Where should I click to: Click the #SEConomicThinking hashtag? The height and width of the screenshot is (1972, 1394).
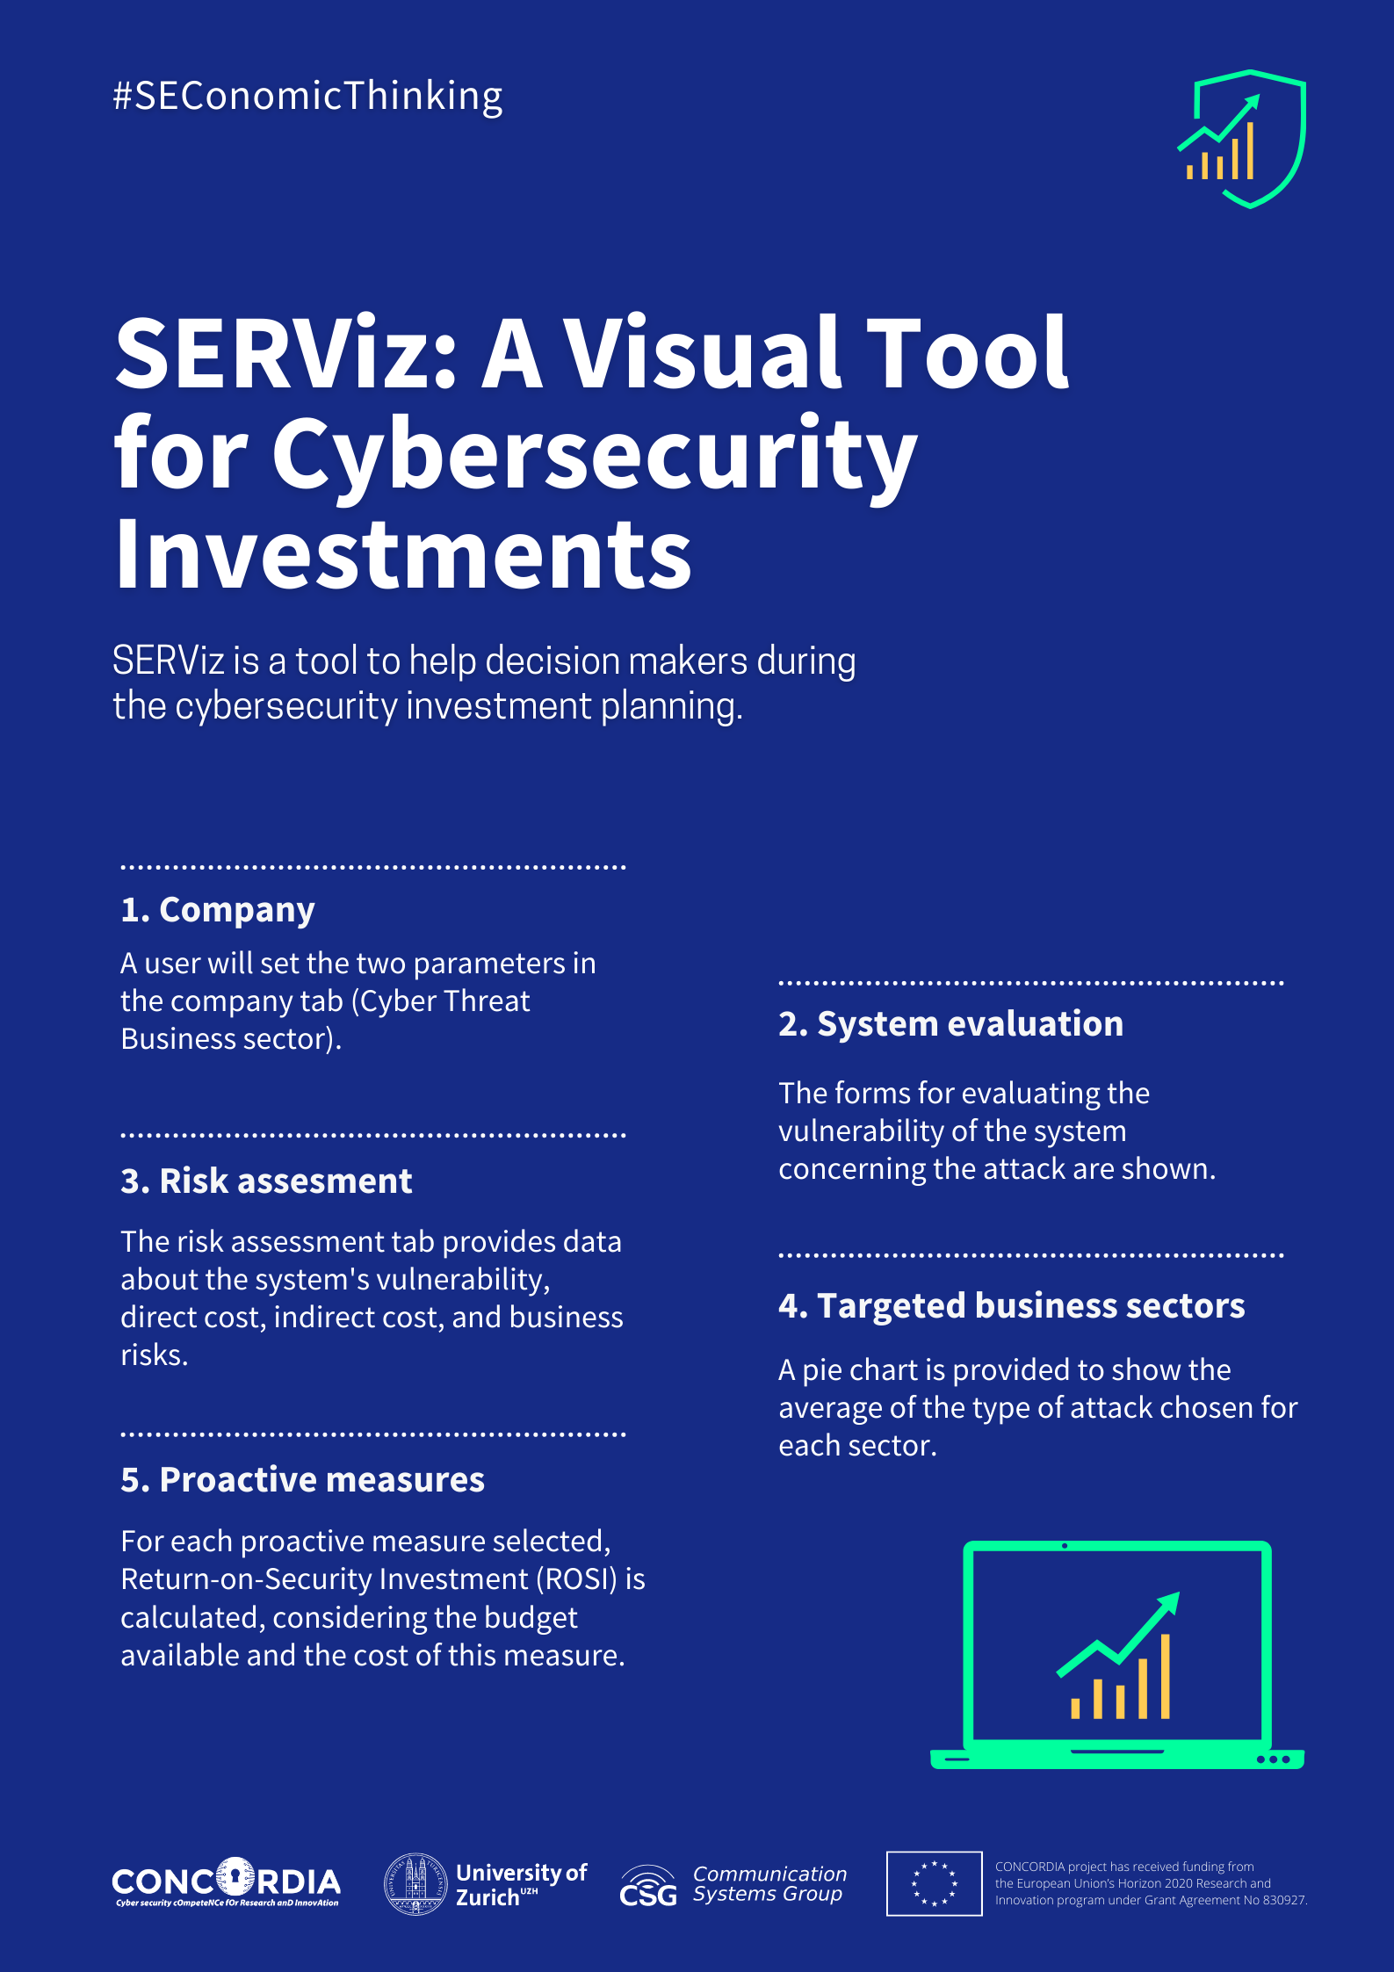[x=307, y=97]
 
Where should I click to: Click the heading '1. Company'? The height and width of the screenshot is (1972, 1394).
[x=217, y=910]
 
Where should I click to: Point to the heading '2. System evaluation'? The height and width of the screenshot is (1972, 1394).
[x=950, y=1024]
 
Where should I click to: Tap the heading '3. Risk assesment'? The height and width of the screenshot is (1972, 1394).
[x=266, y=1181]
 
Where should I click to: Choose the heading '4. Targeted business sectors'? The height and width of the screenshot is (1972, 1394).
[x=1011, y=1306]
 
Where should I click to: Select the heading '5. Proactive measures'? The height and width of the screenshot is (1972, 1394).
[x=302, y=1480]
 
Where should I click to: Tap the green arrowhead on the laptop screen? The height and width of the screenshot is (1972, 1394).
[x=1167, y=1604]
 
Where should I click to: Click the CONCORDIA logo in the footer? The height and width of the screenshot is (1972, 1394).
[x=226, y=1882]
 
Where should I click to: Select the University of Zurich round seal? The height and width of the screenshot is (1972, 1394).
[x=416, y=1883]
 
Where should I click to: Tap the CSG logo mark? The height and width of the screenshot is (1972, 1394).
[x=648, y=1887]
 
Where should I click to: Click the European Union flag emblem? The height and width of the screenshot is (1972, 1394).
[x=934, y=1883]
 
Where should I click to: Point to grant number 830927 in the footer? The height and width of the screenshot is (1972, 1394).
[x=1284, y=1900]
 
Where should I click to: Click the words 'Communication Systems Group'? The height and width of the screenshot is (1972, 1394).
[x=769, y=1883]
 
